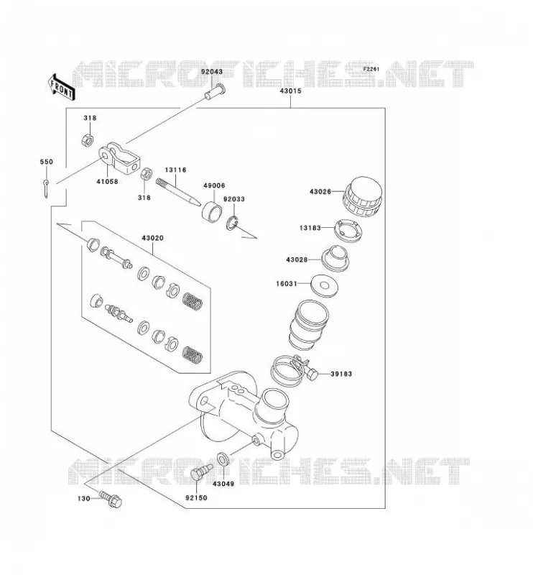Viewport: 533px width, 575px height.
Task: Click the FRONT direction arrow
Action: click(62, 87)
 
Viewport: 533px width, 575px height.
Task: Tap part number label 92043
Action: click(211, 72)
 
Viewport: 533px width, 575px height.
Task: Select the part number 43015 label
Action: click(291, 91)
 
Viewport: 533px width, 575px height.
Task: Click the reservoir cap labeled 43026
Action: click(363, 197)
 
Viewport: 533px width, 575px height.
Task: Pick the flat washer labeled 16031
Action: click(325, 285)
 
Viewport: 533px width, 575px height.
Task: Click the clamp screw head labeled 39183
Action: click(312, 374)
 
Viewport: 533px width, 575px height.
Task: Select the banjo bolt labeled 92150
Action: click(201, 472)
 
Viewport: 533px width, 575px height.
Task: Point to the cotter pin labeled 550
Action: click(46, 189)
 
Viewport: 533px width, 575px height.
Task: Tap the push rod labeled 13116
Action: click(178, 192)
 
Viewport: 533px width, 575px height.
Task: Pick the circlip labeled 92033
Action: click(232, 223)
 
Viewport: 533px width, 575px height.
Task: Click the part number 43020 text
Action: click(152, 238)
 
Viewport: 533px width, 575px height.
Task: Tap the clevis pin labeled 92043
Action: click(215, 92)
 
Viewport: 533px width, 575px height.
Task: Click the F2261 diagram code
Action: click(371, 69)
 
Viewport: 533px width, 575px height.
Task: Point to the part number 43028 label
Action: click(297, 259)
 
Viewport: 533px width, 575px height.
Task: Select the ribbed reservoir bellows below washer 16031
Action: click(309, 325)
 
